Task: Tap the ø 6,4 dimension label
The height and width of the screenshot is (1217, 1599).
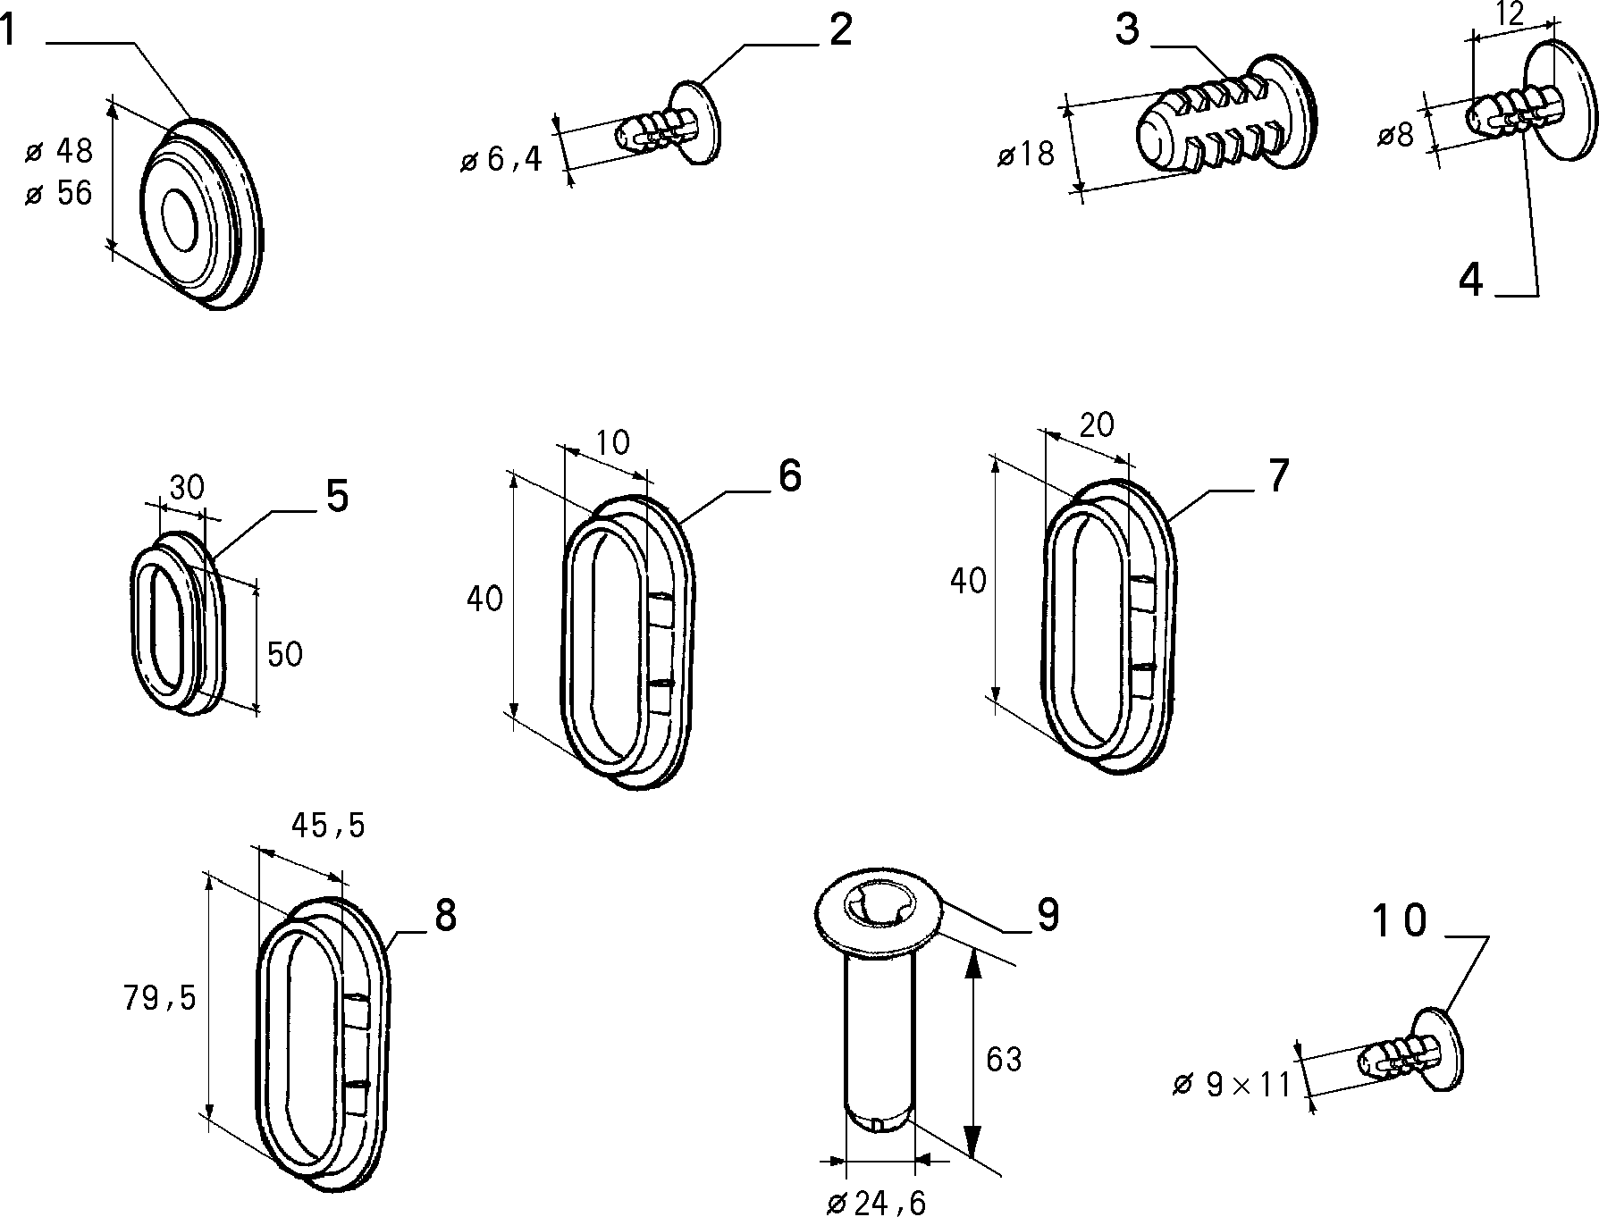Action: pos(501,160)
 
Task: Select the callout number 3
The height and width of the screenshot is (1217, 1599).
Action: pos(1128,29)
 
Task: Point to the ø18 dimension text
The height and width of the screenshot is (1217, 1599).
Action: pos(1026,155)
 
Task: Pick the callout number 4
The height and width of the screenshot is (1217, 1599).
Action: pos(1470,281)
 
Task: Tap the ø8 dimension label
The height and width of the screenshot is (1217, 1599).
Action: pos(1395,136)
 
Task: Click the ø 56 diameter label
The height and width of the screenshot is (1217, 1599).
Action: pos(59,192)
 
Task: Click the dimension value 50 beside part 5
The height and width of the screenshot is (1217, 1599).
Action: pos(285,655)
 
